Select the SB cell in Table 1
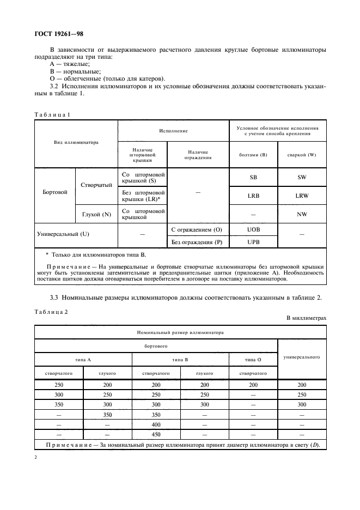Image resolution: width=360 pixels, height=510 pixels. (253, 178)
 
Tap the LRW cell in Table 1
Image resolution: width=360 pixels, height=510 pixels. (302, 195)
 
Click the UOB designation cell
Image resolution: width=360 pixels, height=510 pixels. (253, 230)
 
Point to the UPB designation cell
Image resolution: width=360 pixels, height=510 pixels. (253, 241)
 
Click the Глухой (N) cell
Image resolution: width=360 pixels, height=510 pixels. (96, 214)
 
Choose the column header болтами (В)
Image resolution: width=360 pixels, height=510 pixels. (253, 155)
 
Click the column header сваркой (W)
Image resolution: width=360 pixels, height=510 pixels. (302, 155)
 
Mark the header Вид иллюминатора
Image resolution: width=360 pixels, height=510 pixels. (76, 143)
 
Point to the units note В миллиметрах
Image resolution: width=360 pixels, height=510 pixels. (306, 318)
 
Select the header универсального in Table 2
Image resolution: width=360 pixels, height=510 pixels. (302, 357)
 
